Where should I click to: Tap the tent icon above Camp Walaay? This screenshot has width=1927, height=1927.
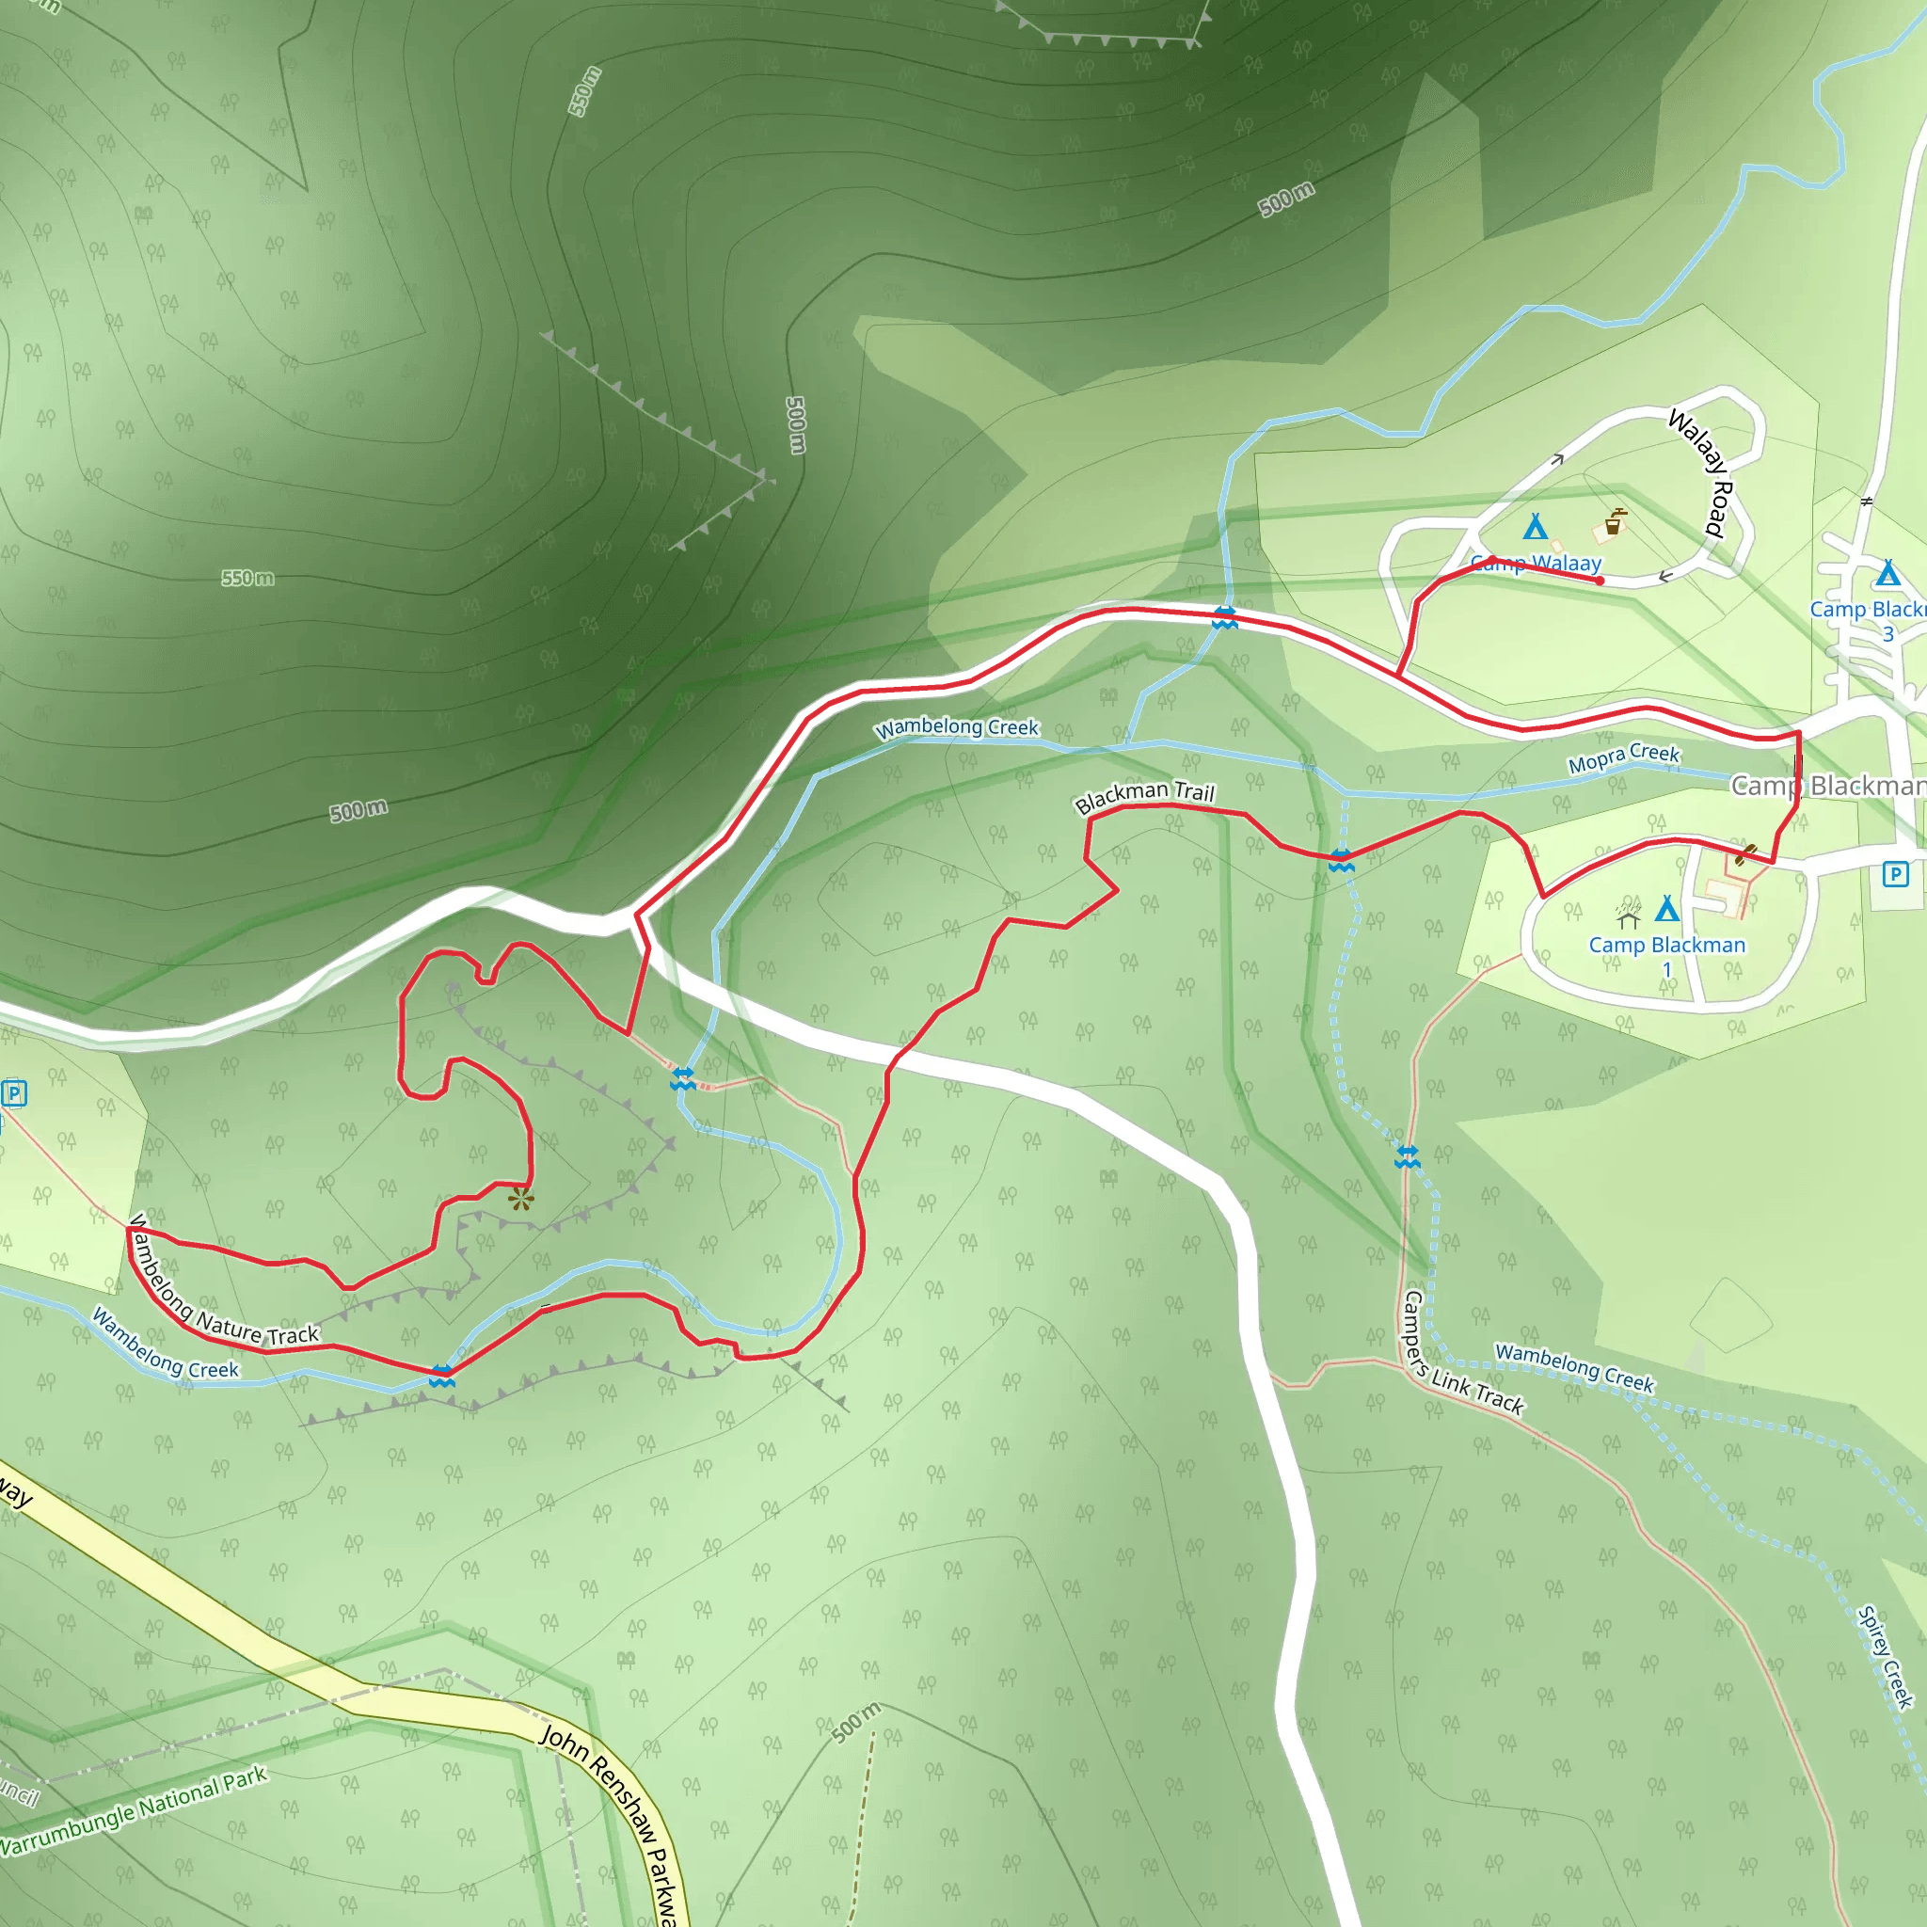click(1535, 526)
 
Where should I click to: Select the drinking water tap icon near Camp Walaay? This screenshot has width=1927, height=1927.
click(1613, 521)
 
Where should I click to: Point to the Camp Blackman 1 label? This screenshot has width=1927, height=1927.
click(1666, 956)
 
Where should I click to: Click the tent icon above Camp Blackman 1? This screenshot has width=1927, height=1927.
click(1666, 909)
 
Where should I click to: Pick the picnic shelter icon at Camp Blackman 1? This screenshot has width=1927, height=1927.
click(1628, 914)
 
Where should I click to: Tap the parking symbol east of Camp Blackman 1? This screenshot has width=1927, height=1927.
click(1895, 875)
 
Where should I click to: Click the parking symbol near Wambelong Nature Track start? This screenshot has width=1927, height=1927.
click(14, 1093)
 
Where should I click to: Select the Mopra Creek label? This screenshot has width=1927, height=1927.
click(1624, 758)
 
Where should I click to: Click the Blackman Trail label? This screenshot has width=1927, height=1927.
click(1144, 796)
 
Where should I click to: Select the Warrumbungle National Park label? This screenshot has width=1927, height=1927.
click(134, 1811)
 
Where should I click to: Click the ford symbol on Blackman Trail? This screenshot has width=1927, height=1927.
click(1342, 860)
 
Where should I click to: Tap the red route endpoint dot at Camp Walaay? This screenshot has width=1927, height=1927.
click(1600, 581)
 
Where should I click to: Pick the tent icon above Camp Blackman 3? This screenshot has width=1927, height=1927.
click(1887, 574)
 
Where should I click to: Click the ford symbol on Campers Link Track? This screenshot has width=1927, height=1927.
click(1408, 1157)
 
